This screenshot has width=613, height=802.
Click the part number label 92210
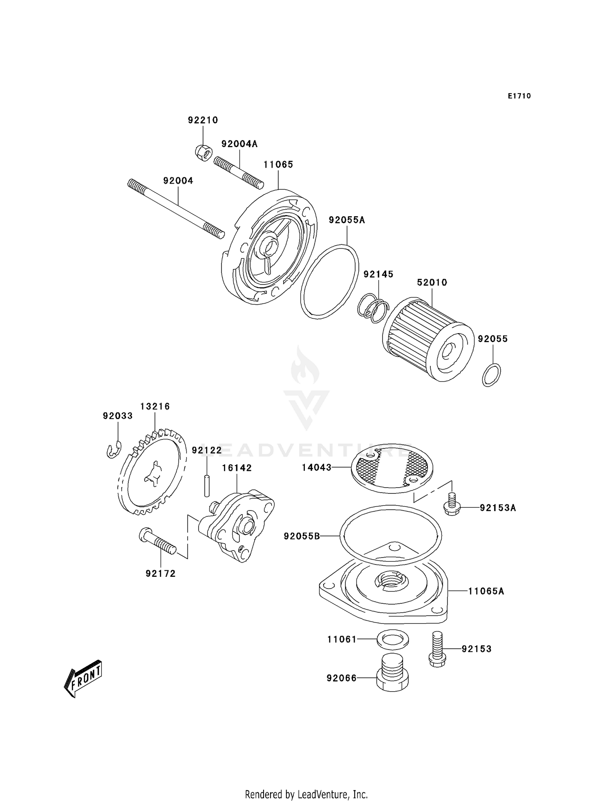(x=203, y=120)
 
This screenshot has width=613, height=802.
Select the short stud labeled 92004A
(x=238, y=173)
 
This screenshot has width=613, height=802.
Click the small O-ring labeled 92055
(x=491, y=374)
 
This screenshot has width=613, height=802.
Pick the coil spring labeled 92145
(x=374, y=307)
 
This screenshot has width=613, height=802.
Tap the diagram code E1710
(x=519, y=96)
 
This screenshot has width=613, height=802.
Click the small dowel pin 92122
(x=207, y=485)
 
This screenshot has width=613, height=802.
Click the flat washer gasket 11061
(x=392, y=640)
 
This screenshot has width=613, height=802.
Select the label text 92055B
(x=302, y=536)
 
